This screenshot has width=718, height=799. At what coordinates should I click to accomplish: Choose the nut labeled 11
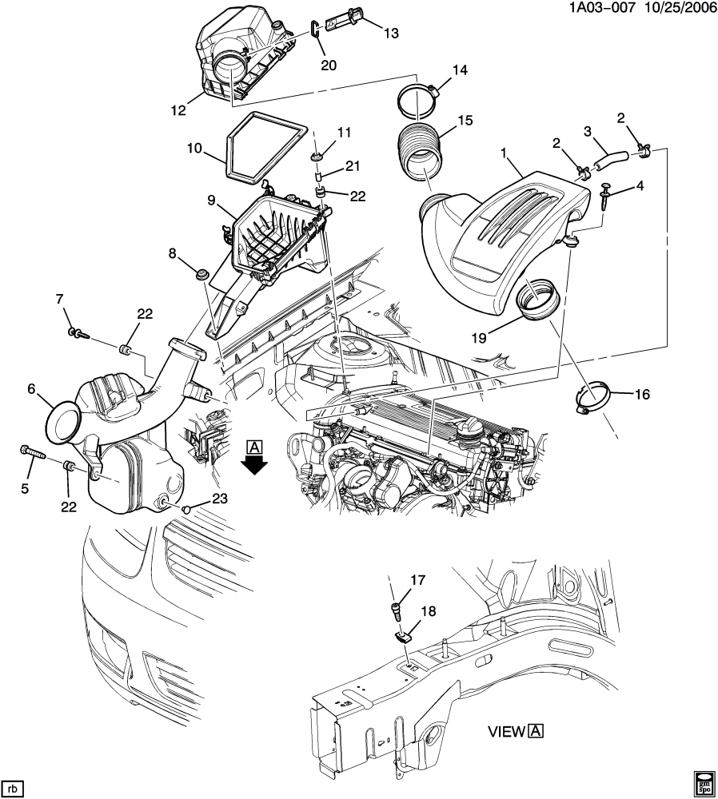tap(317, 155)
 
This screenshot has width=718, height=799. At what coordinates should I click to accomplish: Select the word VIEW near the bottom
tap(505, 730)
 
